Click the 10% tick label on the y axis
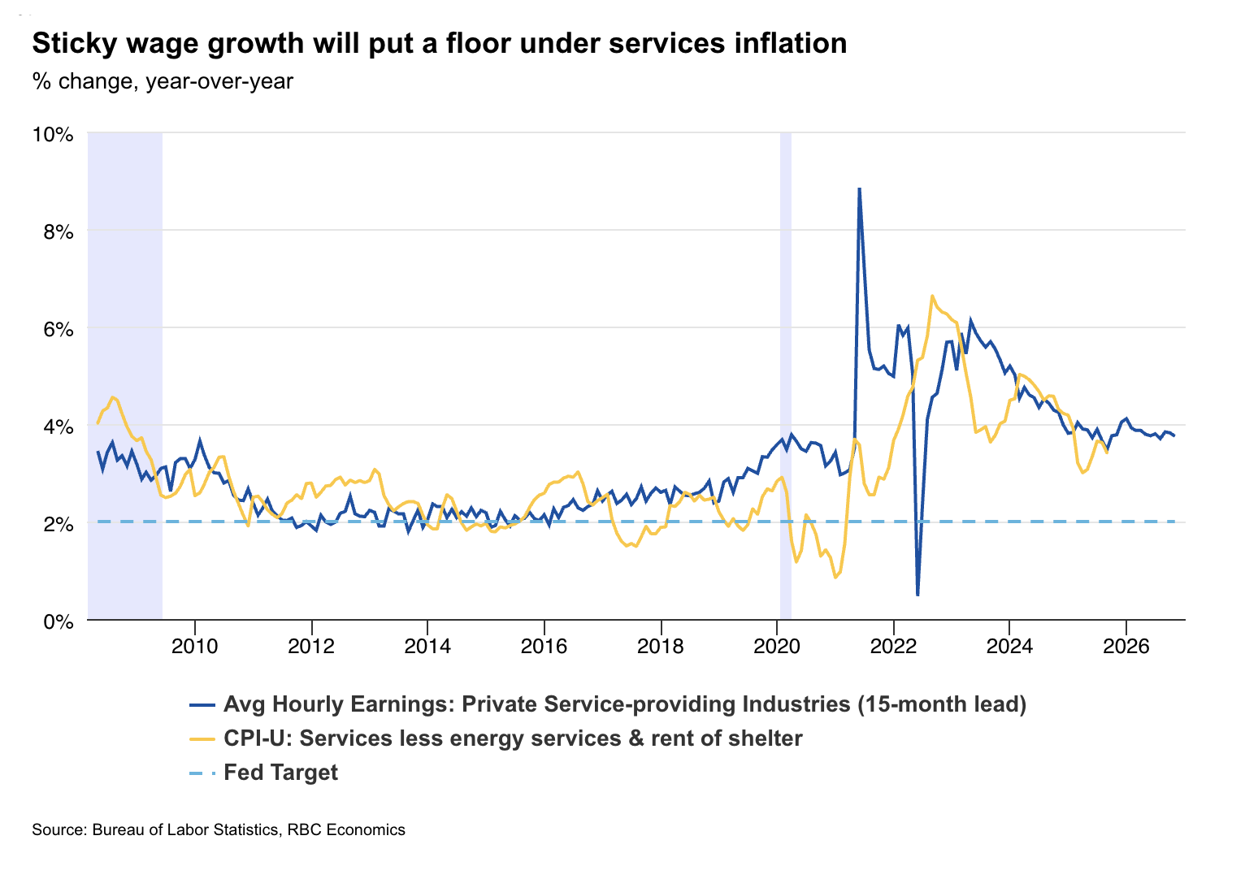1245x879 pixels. (x=53, y=134)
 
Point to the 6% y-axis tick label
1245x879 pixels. (x=57, y=329)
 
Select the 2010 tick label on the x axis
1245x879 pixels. (x=195, y=647)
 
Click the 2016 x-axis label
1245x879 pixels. (x=544, y=647)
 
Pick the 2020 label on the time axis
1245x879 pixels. (x=777, y=647)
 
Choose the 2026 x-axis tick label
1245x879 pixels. (x=1126, y=647)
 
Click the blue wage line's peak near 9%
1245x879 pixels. (x=859, y=189)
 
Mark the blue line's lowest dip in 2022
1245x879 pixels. (x=917, y=595)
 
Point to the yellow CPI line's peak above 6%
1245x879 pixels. (x=932, y=296)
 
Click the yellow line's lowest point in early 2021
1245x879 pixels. (x=835, y=577)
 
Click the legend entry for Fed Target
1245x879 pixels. (x=280, y=772)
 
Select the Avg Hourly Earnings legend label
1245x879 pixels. (x=536, y=704)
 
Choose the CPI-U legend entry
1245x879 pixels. (x=512, y=738)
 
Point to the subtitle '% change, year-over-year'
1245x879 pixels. (x=163, y=81)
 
